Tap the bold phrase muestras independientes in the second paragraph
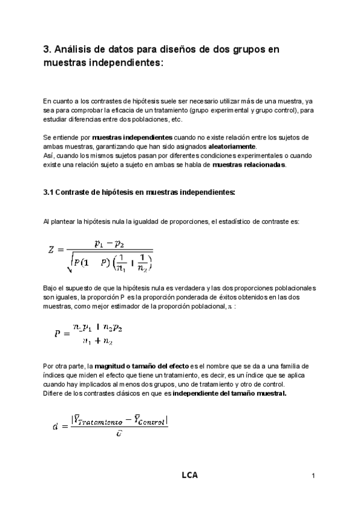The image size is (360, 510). [x=132, y=137]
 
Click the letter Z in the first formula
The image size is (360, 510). [x=52, y=250]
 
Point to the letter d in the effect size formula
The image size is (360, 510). [x=56, y=426]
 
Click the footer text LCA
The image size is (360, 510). [x=189, y=475]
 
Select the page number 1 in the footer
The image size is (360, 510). [x=314, y=476]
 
